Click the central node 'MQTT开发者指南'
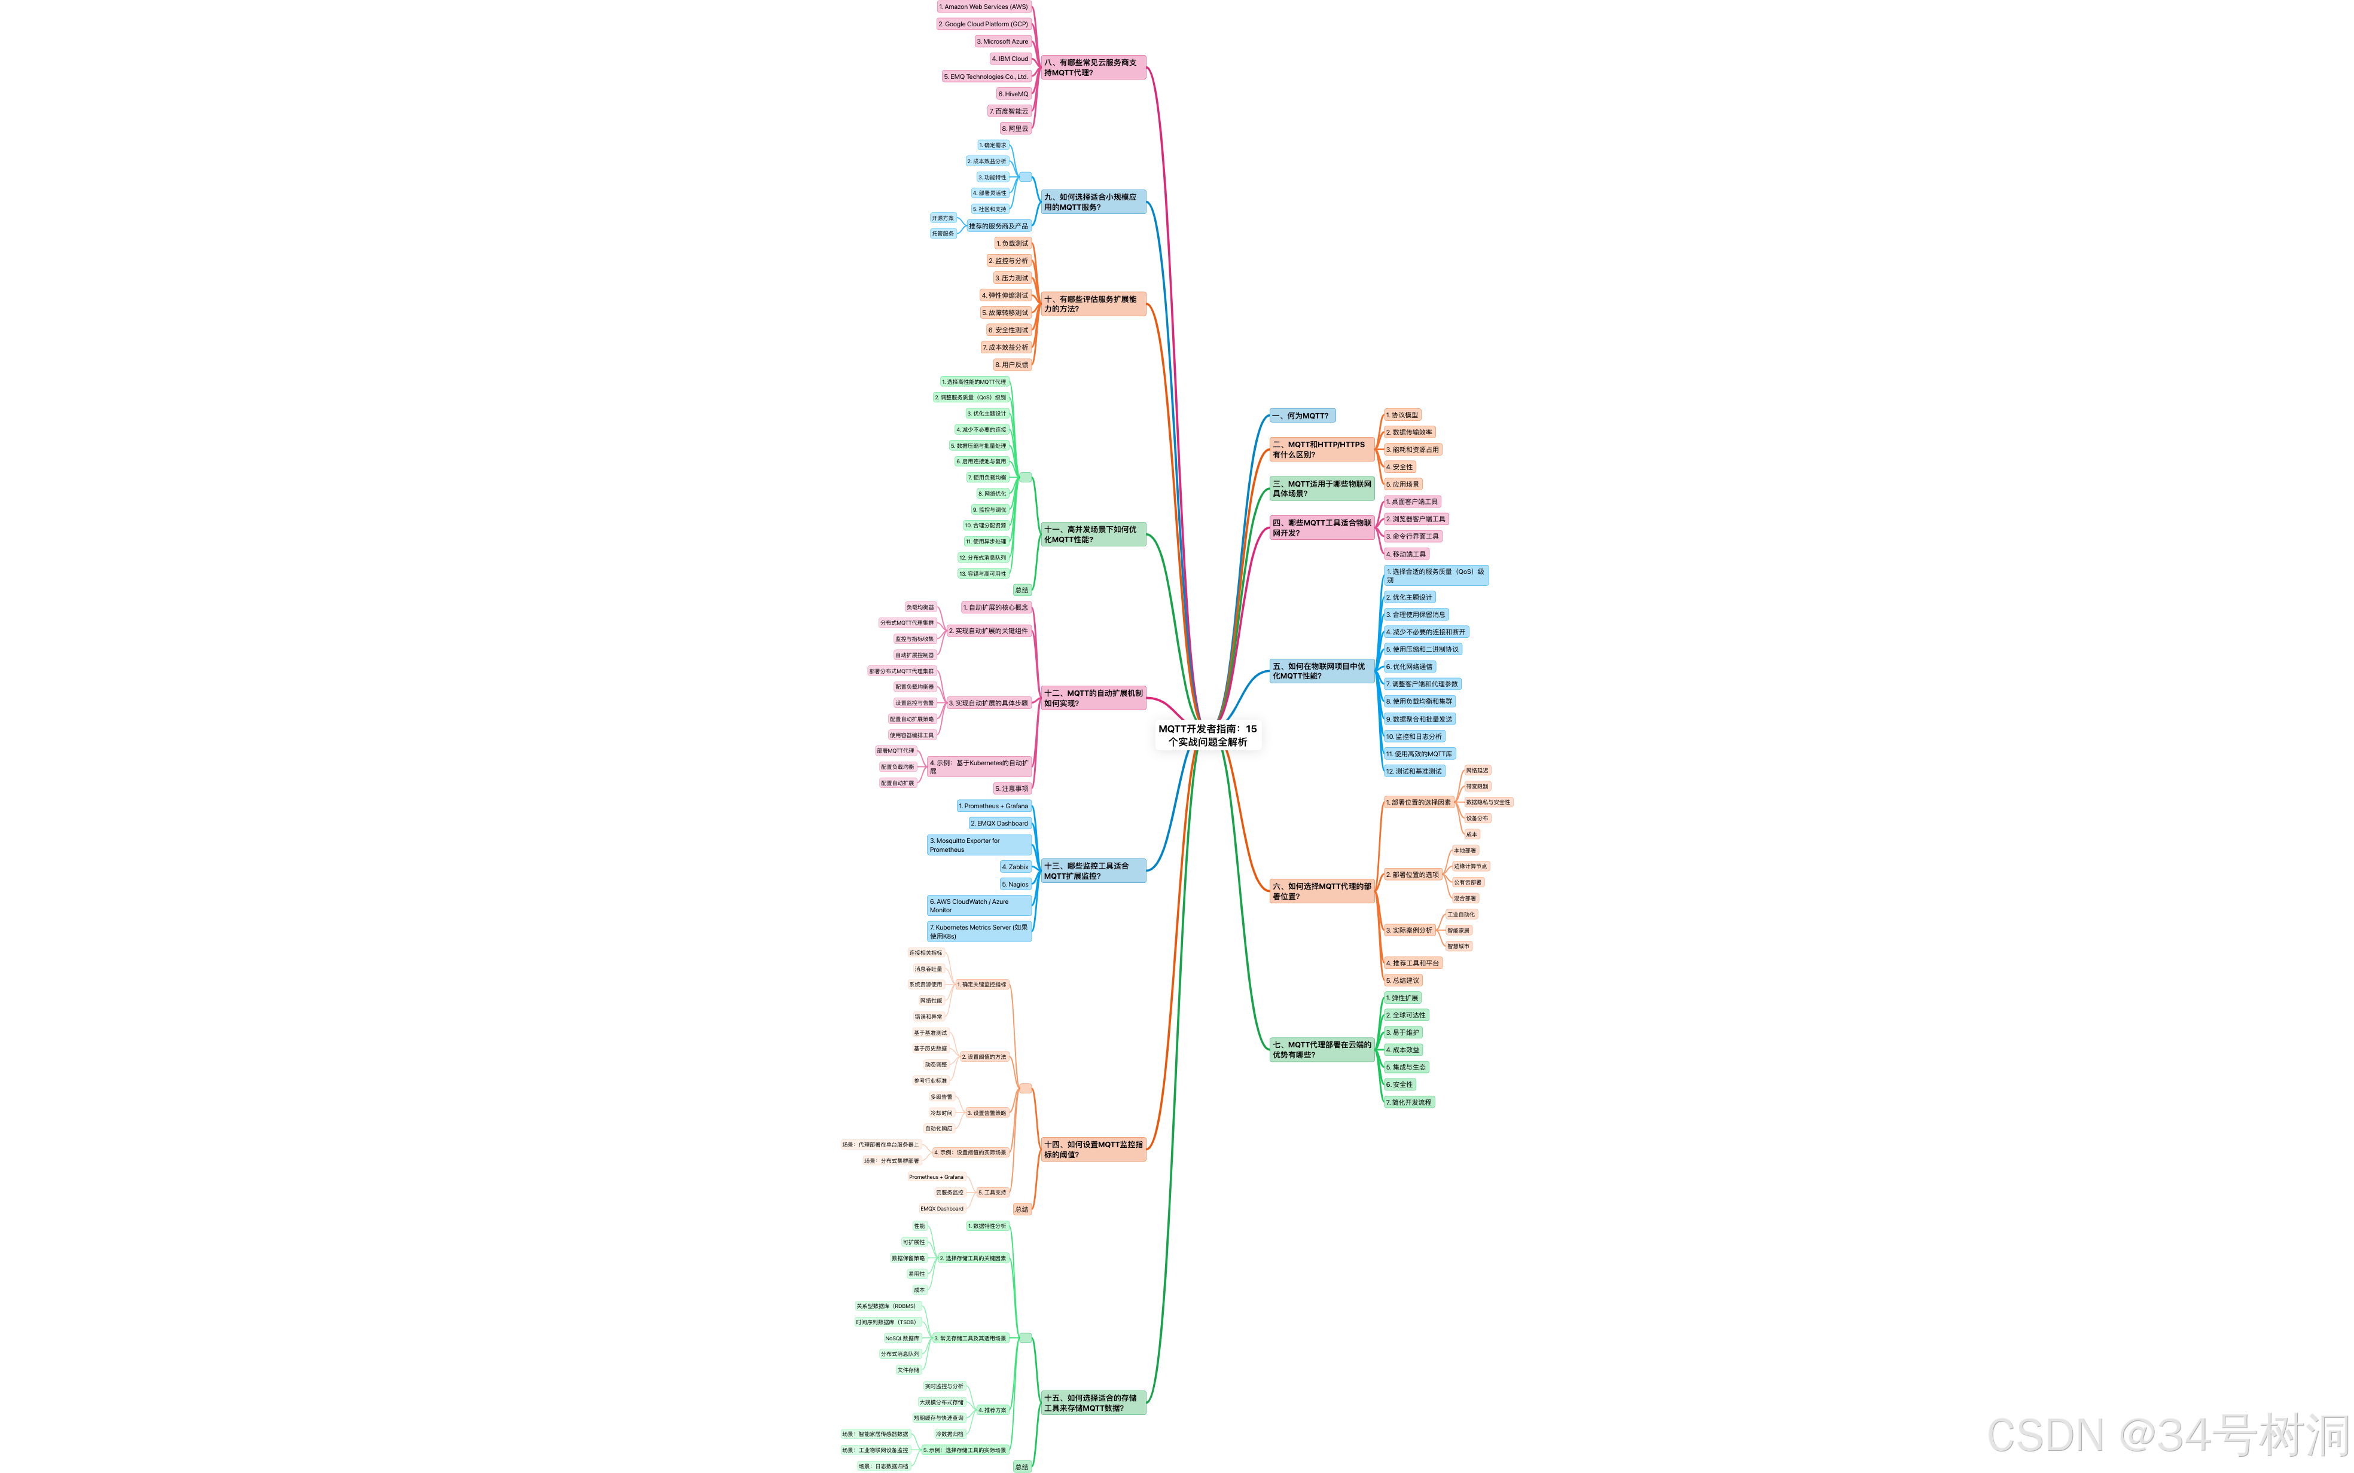click(1208, 735)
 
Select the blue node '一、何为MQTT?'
click(1302, 416)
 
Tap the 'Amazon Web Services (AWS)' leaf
click(983, 7)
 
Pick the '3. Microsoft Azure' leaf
click(1002, 42)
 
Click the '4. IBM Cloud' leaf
click(1010, 59)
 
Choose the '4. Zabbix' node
click(1016, 866)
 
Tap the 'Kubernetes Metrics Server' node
click(978, 931)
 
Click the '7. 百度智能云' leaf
click(1008, 111)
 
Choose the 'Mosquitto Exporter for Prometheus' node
click(978, 845)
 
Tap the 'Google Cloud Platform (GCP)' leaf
click(983, 25)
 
